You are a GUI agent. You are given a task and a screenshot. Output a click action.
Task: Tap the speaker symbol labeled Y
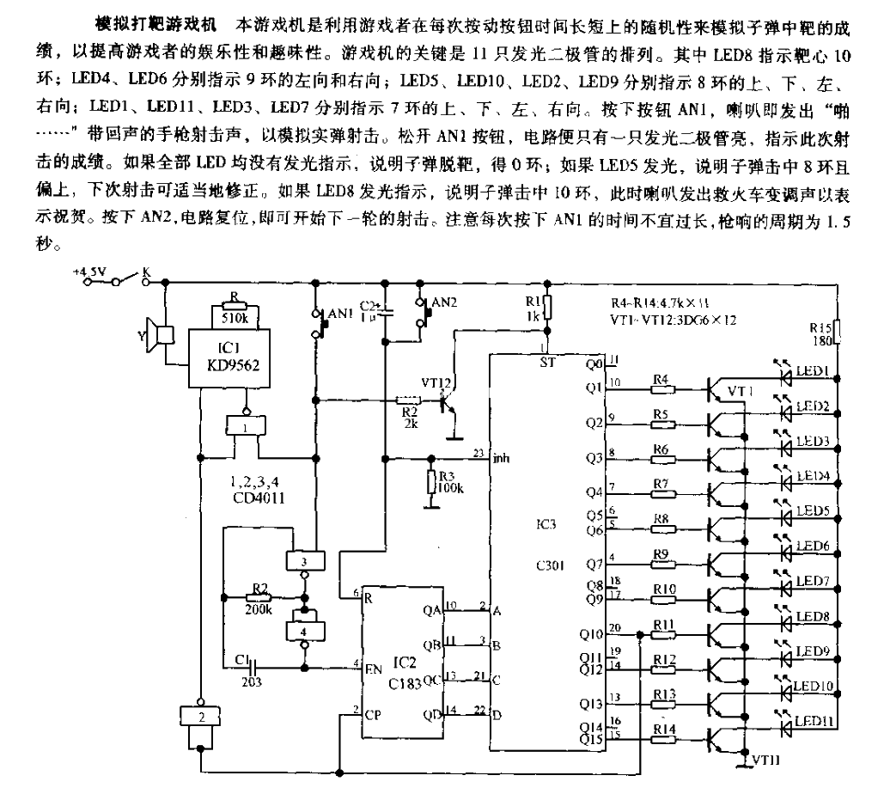[x=160, y=336]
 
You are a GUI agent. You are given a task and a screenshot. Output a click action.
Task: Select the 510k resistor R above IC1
[x=235, y=305]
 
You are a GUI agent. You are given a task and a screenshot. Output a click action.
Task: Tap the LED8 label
[x=812, y=615]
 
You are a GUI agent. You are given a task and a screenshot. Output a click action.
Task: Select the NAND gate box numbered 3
[x=303, y=560]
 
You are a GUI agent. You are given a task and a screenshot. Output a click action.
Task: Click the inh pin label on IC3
[x=501, y=458]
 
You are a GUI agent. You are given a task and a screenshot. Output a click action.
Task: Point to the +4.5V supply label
[x=89, y=273]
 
